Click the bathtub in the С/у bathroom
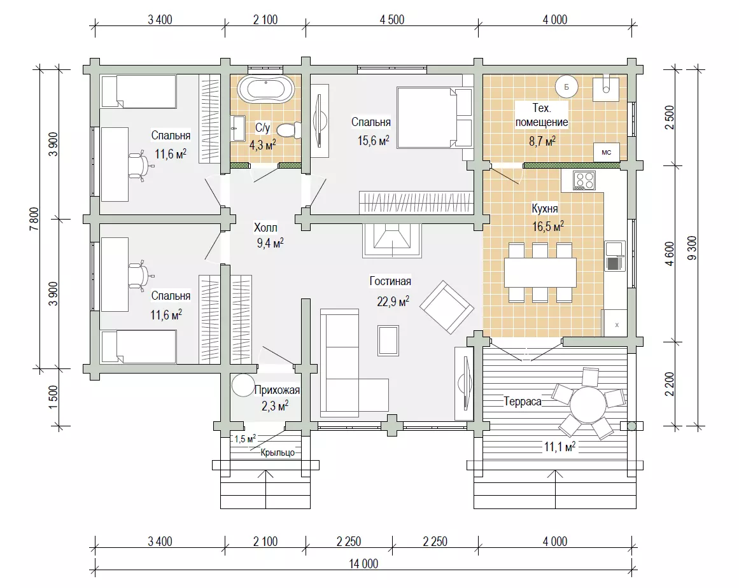[x=266, y=89]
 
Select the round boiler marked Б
[x=567, y=87]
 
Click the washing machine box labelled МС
[x=606, y=152]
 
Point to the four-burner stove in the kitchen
[x=584, y=180]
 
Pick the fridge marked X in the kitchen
[x=615, y=323]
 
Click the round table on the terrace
[x=588, y=405]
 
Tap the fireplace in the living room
[x=391, y=241]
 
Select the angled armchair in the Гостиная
[x=447, y=307]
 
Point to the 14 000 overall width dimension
[x=363, y=564]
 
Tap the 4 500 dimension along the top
[x=391, y=20]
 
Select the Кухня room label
[x=545, y=208]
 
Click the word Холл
[x=265, y=228]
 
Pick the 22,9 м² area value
[x=393, y=301]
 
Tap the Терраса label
[x=522, y=402]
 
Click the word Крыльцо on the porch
[x=278, y=452]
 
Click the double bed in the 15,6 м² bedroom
[x=435, y=117]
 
